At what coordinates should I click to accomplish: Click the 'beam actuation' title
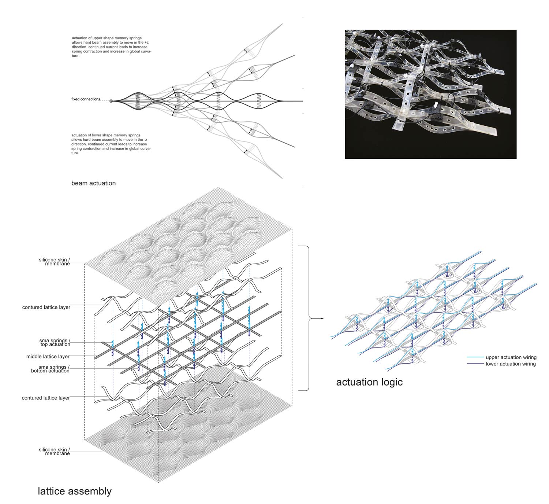coord(93,183)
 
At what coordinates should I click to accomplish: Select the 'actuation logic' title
coord(369,382)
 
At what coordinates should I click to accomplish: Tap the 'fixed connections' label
coord(86,99)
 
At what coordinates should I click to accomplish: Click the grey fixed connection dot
coord(111,101)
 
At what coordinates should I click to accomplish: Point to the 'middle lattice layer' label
coord(48,357)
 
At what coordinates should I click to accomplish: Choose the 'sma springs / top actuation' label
coord(55,342)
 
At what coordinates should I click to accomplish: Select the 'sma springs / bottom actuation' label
coord(50,369)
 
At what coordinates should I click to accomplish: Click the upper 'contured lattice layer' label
coord(46,308)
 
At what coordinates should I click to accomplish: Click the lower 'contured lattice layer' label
coord(46,398)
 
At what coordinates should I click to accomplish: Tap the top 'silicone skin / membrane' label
coord(54,262)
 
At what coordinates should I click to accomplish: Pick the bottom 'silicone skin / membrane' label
coord(54,451)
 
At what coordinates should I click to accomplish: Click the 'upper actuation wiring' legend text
coord(511,357)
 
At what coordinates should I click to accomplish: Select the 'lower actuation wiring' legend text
coord(511,364)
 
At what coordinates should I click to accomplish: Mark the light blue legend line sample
coord(475,357)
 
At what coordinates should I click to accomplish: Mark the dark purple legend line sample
coord(475,364)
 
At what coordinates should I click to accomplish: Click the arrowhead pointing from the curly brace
coord(322,319)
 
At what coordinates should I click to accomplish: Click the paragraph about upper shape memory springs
coord(111,47)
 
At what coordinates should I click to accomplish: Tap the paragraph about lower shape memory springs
coord(111,144)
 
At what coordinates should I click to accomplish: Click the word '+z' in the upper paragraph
coord(146,43)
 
